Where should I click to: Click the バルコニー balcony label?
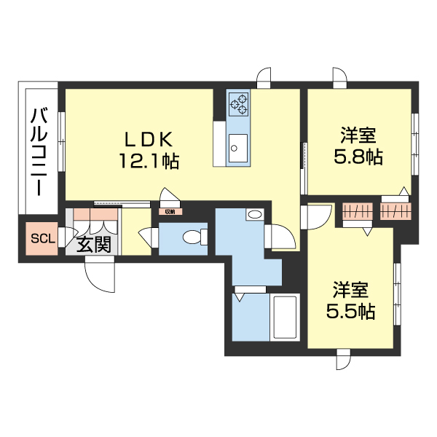(39, 152)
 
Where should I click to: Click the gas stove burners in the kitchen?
(238, 105)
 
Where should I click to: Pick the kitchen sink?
(237, 149)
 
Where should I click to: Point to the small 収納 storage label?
(170, 212)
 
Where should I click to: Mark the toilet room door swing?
(148, 238)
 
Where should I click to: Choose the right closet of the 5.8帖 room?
(394, 211)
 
